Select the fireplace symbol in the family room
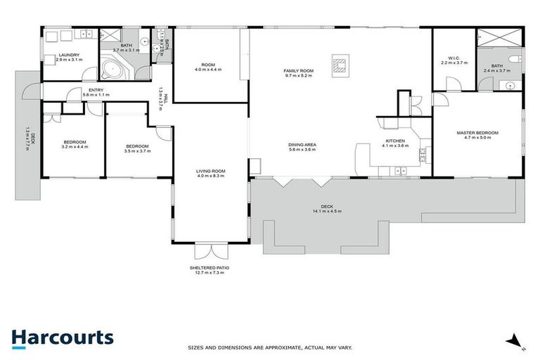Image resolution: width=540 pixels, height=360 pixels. (x=340, y=65)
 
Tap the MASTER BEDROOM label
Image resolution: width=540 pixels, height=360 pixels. (x=477, y=132)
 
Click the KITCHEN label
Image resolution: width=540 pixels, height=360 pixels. (x=394, y=141)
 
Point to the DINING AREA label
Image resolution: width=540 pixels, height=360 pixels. (x=302, y=145)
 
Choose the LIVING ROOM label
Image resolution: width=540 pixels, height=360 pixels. (x=210, y=170)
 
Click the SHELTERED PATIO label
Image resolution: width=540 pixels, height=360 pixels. (x=209, y=268)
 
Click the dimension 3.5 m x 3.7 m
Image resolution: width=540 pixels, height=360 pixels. (x=137, y=150)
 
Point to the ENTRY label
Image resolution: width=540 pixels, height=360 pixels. (x=92, y=89)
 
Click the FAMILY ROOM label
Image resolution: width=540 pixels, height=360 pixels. (x=298, y=70)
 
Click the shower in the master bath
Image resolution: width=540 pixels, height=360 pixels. (x=500, y=38)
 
